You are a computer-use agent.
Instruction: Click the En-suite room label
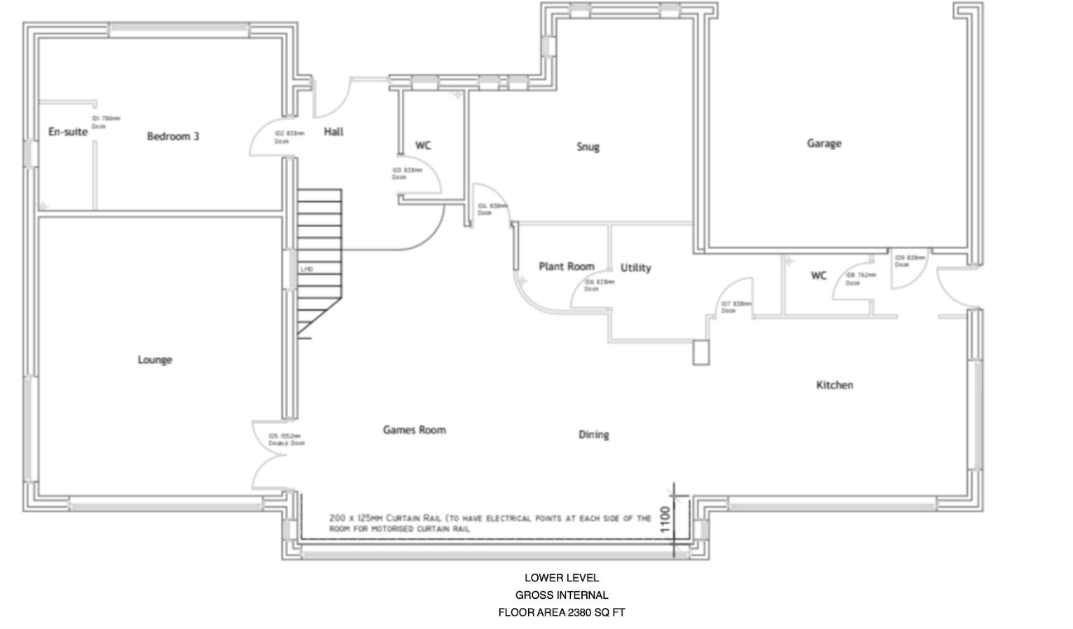[68, 132]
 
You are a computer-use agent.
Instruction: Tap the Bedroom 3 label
[173, 136]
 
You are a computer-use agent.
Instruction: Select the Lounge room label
[155, 360]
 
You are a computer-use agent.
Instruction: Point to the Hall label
[334, 132]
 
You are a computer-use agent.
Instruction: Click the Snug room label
[588, 147]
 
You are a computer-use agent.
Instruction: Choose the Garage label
[824, 143]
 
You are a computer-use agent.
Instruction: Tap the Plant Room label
[566, 266]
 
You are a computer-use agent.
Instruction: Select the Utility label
[635, 268]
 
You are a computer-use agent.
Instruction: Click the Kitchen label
[835, 385]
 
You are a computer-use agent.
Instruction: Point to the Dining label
[593, 435]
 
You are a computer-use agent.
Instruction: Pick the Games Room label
[414, 430]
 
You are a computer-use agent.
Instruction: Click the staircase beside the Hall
[320, 259]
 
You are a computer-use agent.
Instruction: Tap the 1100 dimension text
[666, 520]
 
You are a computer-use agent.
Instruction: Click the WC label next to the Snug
[423, 146]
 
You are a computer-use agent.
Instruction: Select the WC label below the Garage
[818, 276]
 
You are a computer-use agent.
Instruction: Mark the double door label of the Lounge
[286, 440]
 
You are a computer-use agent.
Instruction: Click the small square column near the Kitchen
[701, 353]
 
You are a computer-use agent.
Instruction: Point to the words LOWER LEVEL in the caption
[562, 578]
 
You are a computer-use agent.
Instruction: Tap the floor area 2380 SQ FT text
[562, 612]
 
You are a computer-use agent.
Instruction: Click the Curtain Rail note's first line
[490, 518]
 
